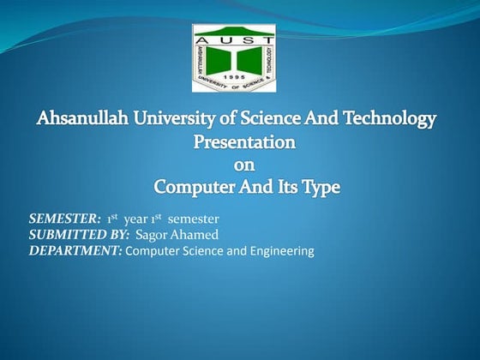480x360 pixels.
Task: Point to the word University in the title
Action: click(181, 119)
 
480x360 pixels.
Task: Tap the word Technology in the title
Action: click(390, 119)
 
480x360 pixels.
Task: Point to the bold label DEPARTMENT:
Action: click(75, 251)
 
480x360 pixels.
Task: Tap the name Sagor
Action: click(152, 235)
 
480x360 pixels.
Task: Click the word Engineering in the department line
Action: click(280, 251)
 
